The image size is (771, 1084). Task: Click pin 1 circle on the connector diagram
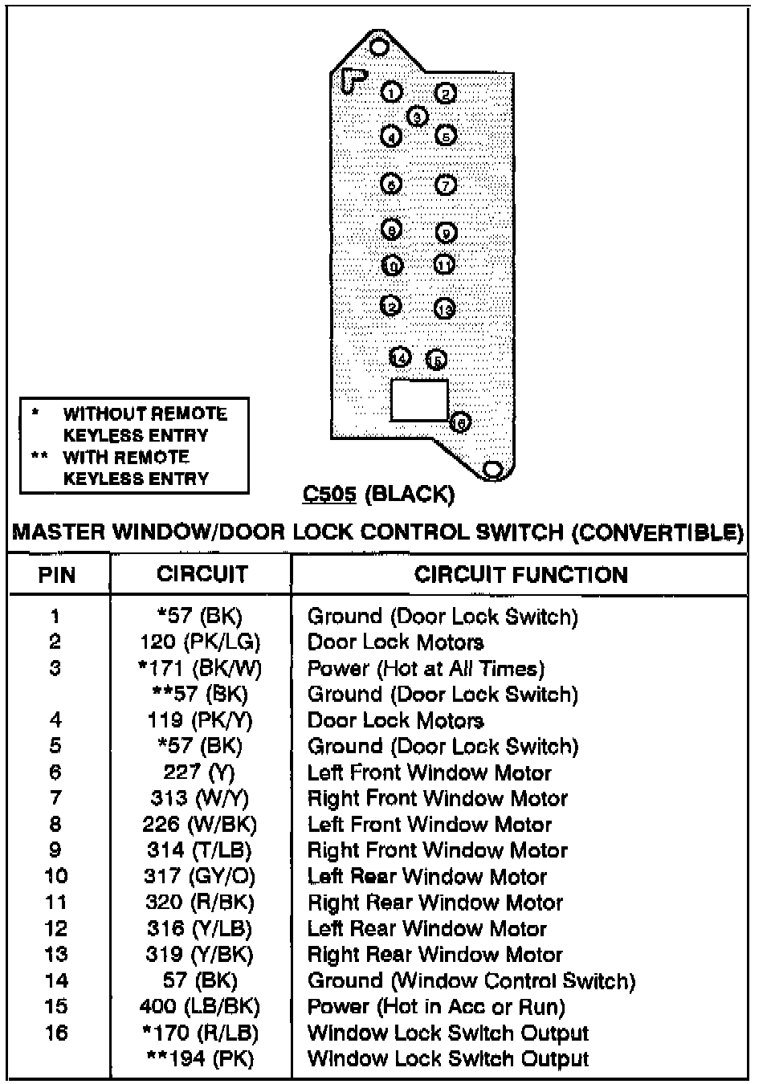(x=391, y=92)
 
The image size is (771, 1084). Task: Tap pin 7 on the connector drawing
(x=446, y=185)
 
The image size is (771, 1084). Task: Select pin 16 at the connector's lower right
(x=460, y=422)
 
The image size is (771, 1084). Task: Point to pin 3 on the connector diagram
(x=417, y=116)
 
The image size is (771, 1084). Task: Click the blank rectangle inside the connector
(x=418, y=400)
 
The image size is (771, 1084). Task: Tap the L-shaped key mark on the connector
(x=353, y=79)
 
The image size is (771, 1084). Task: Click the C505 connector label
(x=329, y=493)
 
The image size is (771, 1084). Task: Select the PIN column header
(x=56, y=575)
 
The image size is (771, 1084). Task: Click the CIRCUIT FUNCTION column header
(x=520, y=575)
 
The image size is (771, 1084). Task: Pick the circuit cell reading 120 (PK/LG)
(x=200, y=642)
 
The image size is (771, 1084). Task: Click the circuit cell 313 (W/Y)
(x=200, y=798)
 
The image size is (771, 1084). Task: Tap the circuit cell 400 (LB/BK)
(x=200, y=1007)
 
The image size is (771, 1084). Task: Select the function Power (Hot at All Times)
(x=426, y=668)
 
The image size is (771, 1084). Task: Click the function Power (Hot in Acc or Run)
(x=436, y=1007)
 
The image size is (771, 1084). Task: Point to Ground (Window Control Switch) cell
(x=471, y=980)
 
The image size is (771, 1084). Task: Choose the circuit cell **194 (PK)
(x=200, y=1059)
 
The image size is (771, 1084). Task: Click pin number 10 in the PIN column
(x=56, y=876)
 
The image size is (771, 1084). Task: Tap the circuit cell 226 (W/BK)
(x=200, y=824)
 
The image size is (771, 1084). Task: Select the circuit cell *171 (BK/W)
(x=200, y=668)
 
